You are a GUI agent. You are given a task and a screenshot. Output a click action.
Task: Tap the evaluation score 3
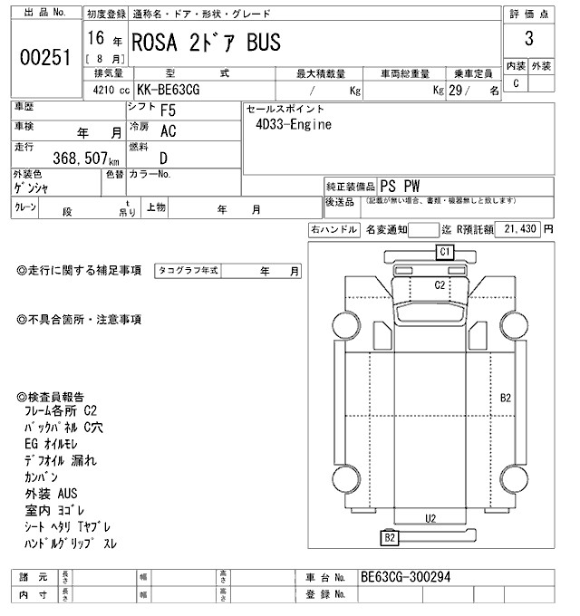point(528,41)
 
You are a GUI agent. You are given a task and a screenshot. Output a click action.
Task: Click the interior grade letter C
point(517,82)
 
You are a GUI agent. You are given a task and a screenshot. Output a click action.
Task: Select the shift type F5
point(168,111)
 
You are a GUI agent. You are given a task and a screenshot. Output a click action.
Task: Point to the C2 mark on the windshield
point(440,284)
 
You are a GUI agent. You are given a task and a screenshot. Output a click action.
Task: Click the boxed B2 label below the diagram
point(390,538)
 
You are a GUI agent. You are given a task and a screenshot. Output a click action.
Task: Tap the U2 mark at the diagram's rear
point(431,518)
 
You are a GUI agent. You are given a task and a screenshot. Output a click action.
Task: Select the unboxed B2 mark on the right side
point(506,398)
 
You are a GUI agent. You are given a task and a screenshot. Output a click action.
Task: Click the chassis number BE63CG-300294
point(405,577)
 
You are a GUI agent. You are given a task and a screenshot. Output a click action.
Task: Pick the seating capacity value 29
point(467,91)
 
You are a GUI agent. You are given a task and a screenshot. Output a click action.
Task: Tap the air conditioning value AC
point(168,131)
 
